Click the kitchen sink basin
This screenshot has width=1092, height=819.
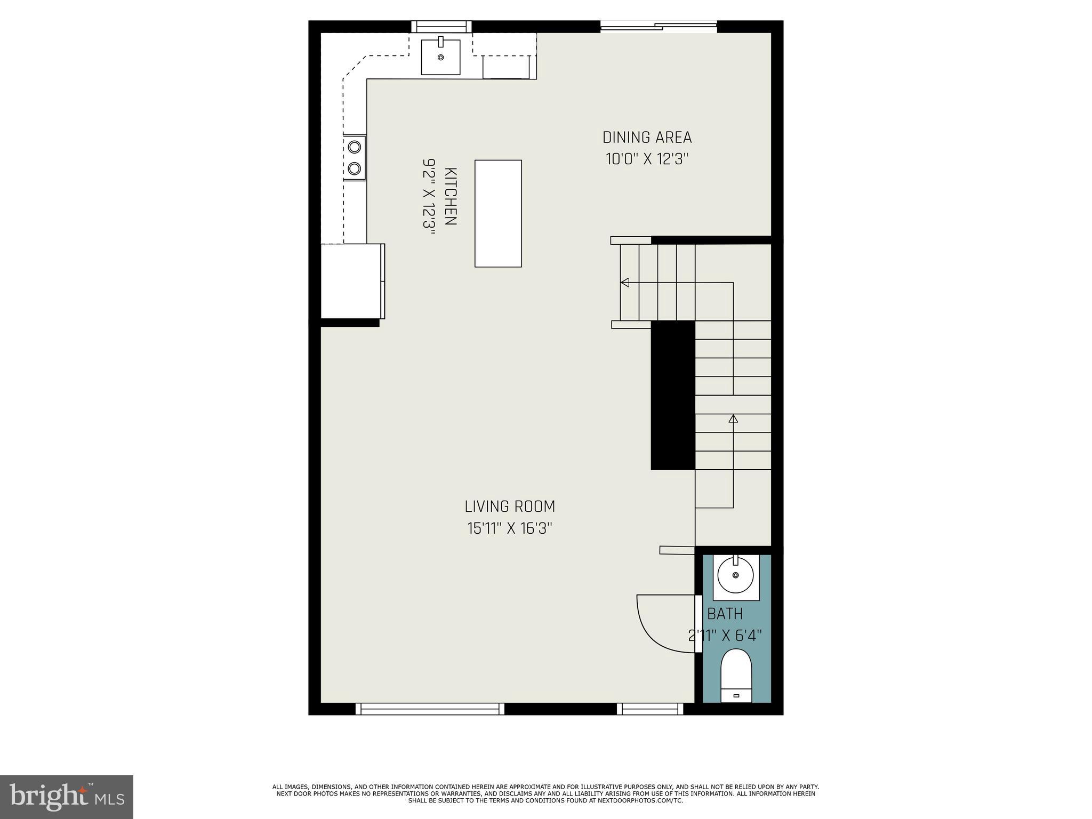440,57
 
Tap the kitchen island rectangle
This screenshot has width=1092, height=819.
498,213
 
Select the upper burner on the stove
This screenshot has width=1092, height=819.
354,146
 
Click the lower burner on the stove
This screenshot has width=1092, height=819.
354,169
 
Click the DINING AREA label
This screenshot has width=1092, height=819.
647,138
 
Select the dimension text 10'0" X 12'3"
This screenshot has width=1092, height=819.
647,159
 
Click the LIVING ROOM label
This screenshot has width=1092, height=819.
510,506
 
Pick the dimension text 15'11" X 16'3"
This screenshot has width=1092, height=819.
510,528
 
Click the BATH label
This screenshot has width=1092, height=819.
725,614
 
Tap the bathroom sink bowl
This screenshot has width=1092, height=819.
736,575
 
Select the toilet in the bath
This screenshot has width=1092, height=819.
736,675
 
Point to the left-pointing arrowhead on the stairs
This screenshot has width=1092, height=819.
624,283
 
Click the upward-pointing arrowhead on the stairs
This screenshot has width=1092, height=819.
733,419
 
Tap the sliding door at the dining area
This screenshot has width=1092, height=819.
659,26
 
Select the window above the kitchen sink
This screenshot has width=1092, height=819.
441,26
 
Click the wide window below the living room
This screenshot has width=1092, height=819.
430,709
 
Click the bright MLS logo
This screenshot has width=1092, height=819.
67,797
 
